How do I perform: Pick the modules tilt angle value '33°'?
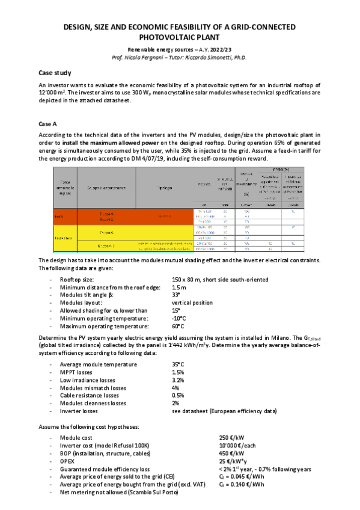pos(176,296)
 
